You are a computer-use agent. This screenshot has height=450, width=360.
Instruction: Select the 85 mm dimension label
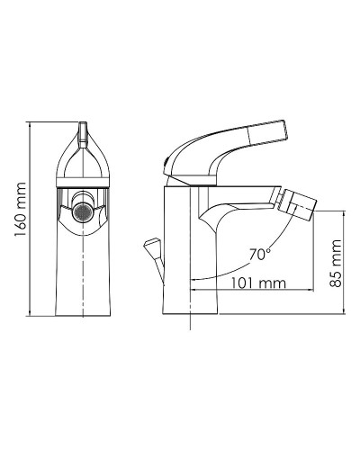(x=336, y=261)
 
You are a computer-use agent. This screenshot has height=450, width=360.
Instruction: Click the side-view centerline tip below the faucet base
(x=192, y=337)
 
